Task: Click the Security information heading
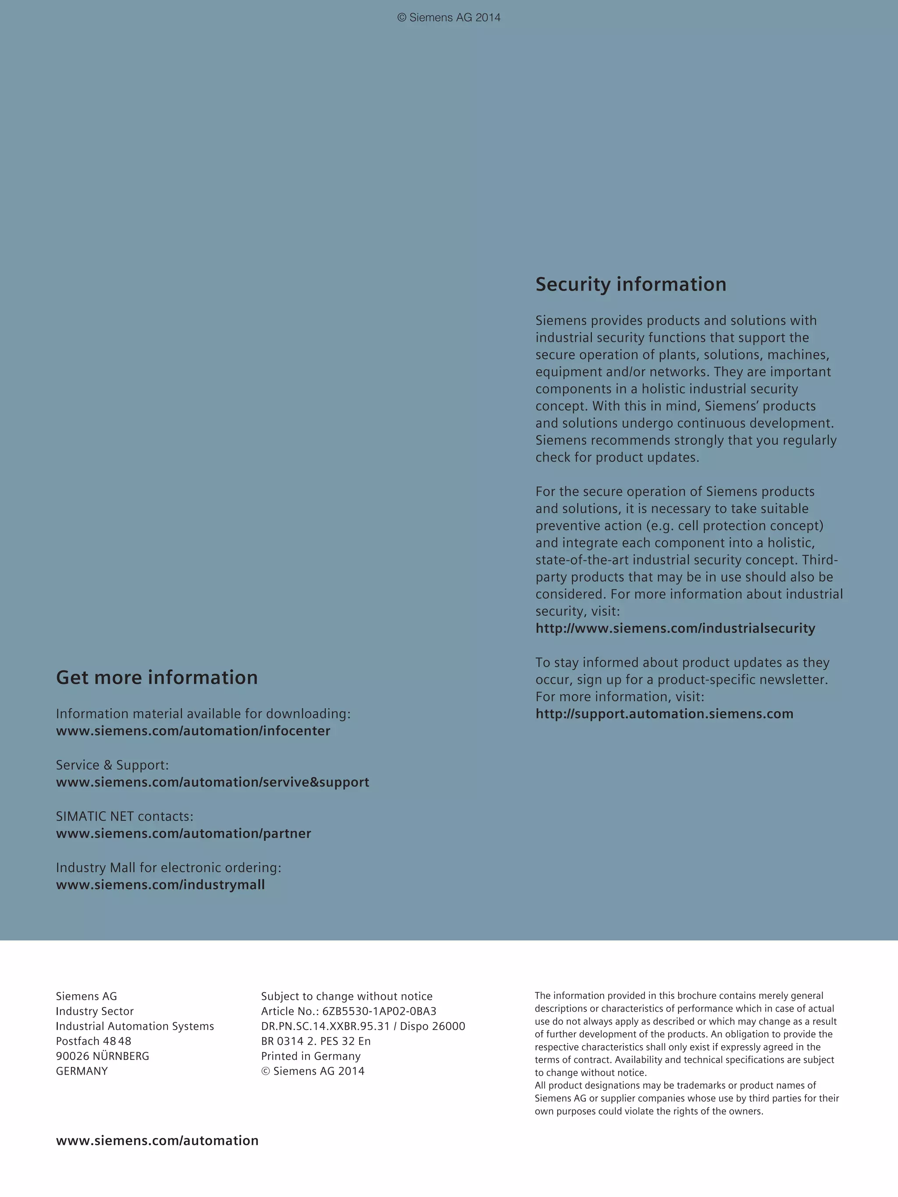tap(631, 284)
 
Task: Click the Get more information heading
tap(157, 678)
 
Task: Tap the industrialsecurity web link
tap(675, 628)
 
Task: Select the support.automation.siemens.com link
tap(664, 714)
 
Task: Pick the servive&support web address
tap(213, 782)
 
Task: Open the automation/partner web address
tap(183, 833)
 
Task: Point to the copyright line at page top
tap(449, 18)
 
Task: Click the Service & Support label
tap(112, 765)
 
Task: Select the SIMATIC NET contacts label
tap(125, 816)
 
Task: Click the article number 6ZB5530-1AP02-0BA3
tap(379, 1012)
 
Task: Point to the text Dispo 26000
tap(432, 1026)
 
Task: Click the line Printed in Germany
tap(311, 1056)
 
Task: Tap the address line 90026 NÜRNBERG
tap(102, 1056)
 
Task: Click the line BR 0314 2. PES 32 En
tap(316, 1041)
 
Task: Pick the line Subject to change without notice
tap(346, 996)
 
